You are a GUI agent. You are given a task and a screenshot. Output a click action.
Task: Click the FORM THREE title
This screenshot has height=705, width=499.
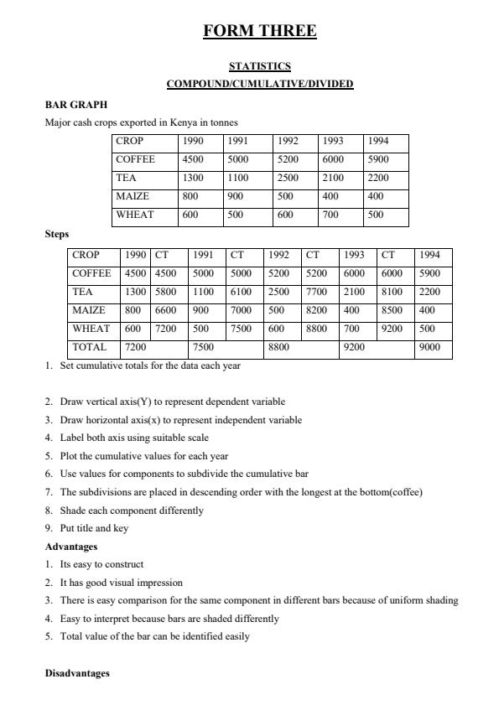[260, 32]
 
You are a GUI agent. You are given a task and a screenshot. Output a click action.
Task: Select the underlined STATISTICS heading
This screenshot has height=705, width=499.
[260, 66]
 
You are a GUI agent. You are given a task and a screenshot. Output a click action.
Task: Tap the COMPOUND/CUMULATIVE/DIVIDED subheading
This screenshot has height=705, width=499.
[260, 84]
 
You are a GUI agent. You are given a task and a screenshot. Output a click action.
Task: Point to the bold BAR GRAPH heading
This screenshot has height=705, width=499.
[75, 105]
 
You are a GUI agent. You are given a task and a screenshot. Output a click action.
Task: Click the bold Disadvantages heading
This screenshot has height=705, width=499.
[76, 674]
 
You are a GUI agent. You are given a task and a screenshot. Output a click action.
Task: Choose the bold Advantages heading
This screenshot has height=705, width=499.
[71, 547]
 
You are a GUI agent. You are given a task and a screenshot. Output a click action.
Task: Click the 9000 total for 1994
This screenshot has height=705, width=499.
[429, 347]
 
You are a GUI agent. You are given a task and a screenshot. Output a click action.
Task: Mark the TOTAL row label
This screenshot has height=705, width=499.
[90, 347]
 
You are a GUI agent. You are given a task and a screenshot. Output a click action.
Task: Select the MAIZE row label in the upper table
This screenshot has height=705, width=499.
[133, 196]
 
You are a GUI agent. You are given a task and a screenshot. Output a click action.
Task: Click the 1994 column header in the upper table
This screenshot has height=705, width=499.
[379, 142]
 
